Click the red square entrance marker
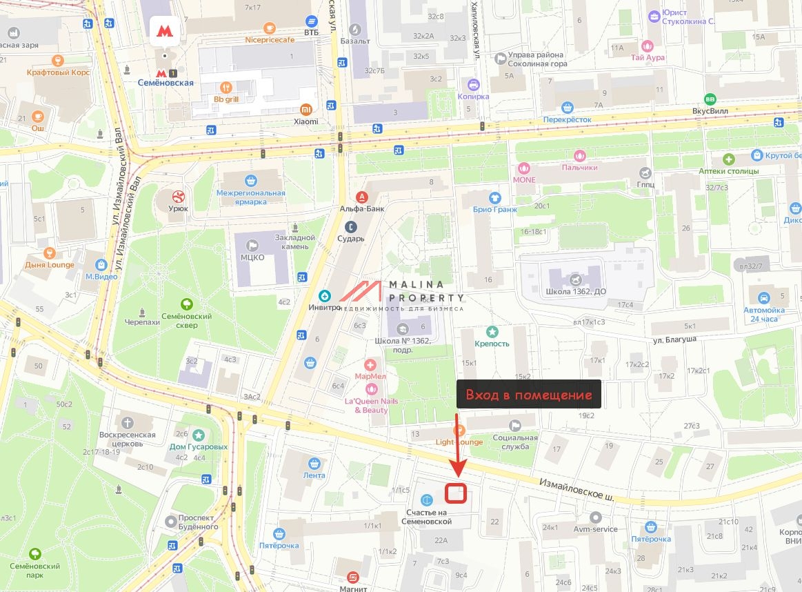pyautogui.click(x=456, y=493)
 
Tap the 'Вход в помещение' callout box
pyautogui.click(x=529, y=395)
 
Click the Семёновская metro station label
pyautogui.click(x=165, y=83)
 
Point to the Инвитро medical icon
pyautogui.click(x=325, y=296)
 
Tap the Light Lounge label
pyautogui.click(x=459, y=441)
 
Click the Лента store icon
pyautogui.click(x=314, y=463)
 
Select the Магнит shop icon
pyautogui.click(x=353, y=576)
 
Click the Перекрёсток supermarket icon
pyautogui.click(x=568, y=107)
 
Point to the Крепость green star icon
pyautogui.click(x=492, y=332)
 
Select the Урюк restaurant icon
pyautogui.click(x=179, y=196)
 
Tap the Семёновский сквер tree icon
pyautogui.click(x=186, y=304)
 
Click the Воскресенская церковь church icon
pyautogui.click(x=127, y=423)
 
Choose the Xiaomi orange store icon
pyautogui.click(x=305, y=109)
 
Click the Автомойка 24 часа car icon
pyautogui.click(x=763, y=298)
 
